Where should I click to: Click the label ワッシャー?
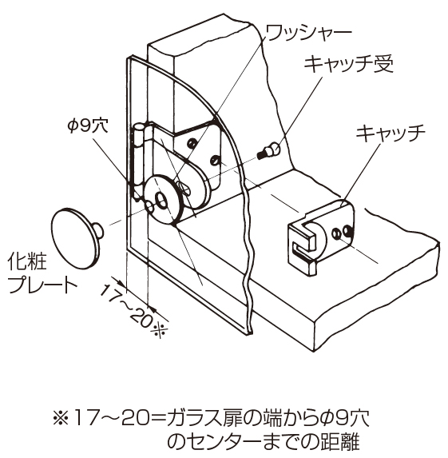tap(308, 33)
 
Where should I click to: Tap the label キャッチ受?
tap(349, 64)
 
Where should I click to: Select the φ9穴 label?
tap(88, 126)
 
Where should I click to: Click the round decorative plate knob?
tap(74, 239)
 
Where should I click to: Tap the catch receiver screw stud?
tap(268, 150)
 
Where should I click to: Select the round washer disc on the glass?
tap(164, 199)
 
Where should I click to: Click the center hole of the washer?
tap(161, 200)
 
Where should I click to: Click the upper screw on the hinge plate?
tap(192, 143)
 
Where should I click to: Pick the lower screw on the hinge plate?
tap(215, 160)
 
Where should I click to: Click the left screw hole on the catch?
tap(336, 233)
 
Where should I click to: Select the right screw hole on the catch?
tap(348, 230)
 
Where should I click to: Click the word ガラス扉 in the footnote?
tap(199, 420)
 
